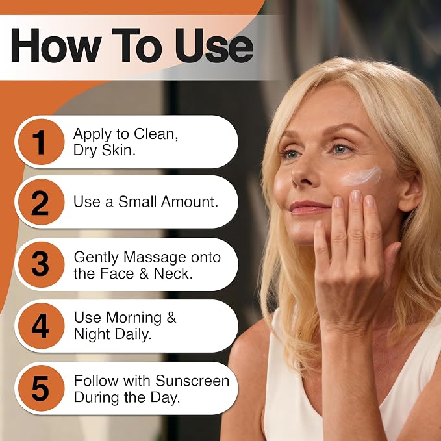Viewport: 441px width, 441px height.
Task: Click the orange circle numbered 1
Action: coord(41,142)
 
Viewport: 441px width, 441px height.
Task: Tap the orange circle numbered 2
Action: coord(41,202)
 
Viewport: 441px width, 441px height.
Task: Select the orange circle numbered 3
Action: coord(41,264)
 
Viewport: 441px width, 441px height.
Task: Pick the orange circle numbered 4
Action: coord(41,325)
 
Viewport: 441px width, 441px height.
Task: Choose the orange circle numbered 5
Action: coord(41,388)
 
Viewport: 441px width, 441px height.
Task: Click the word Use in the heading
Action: coord(214,45)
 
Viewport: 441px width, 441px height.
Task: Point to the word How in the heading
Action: coord(56,45)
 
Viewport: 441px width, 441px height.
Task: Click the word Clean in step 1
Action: coord(155,134)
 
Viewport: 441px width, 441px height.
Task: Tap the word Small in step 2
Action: coord(138,201)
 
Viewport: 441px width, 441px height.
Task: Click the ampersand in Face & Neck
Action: coord(144,273)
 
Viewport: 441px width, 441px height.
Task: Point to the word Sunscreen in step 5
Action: coord(192,381)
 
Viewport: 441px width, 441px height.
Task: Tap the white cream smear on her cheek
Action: coord(361,176)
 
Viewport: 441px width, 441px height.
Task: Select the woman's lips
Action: coord(309,207)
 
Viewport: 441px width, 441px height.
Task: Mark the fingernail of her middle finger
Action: coord(356,196)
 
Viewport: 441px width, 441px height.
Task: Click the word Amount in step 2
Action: coord(189,201)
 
